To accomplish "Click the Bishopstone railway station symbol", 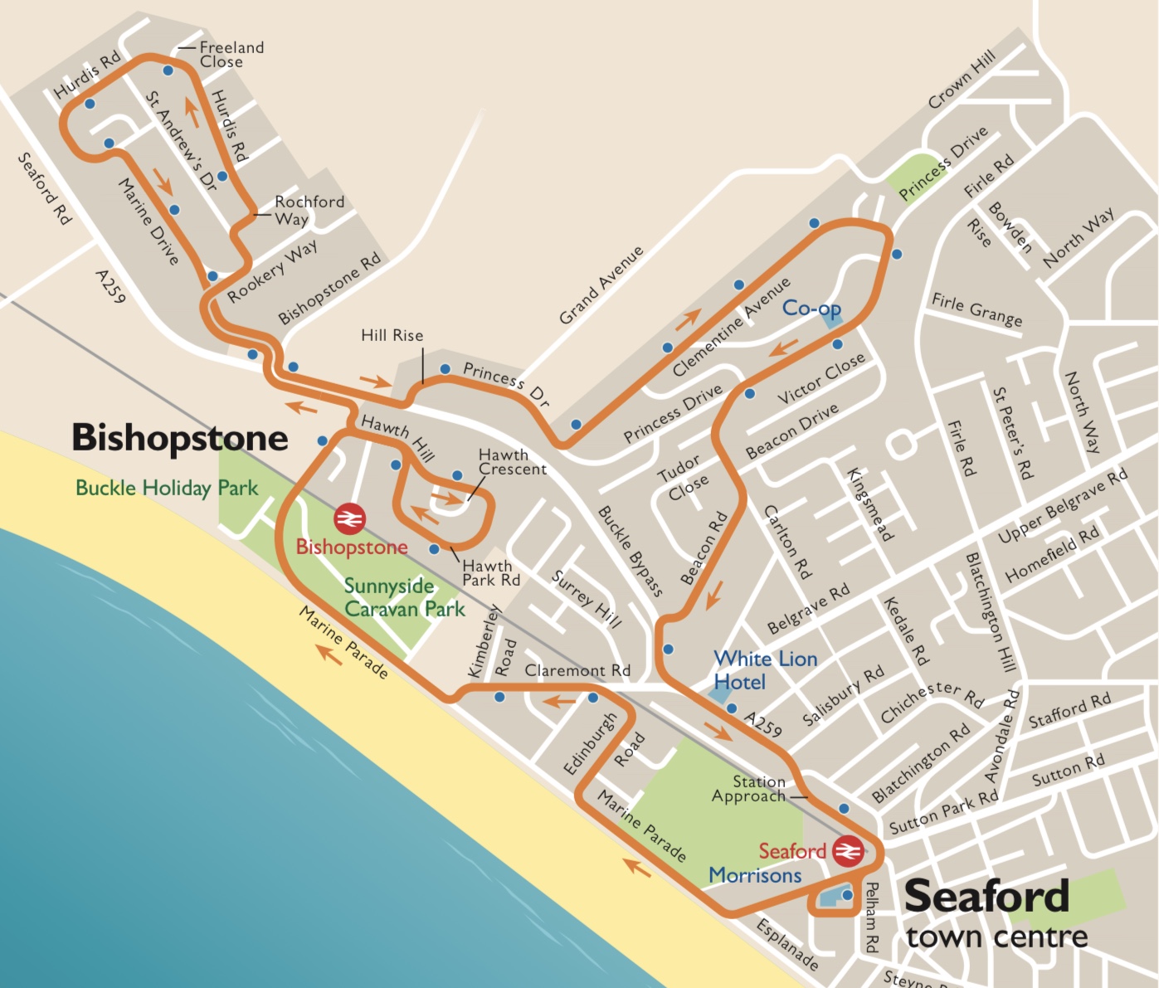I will (349, 519).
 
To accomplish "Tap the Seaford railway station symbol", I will (848, 851).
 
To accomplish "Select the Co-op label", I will (811, 309).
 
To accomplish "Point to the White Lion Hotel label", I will (764, 670).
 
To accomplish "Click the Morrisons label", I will (754, 875).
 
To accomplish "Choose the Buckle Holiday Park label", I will (167, 488).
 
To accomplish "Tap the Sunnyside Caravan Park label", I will (404, 597).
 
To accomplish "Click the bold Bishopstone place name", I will (180, 438).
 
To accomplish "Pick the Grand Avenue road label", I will (601, 285).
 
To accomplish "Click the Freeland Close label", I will (231, 55).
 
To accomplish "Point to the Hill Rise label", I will (392, 335).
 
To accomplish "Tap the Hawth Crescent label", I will (512, 462).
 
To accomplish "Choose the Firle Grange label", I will (976, 309).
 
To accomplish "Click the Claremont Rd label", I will (577, 670).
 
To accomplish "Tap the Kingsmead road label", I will (869, 504).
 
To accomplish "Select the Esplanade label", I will (787, 944).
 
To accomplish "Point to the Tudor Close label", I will (684, 477).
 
